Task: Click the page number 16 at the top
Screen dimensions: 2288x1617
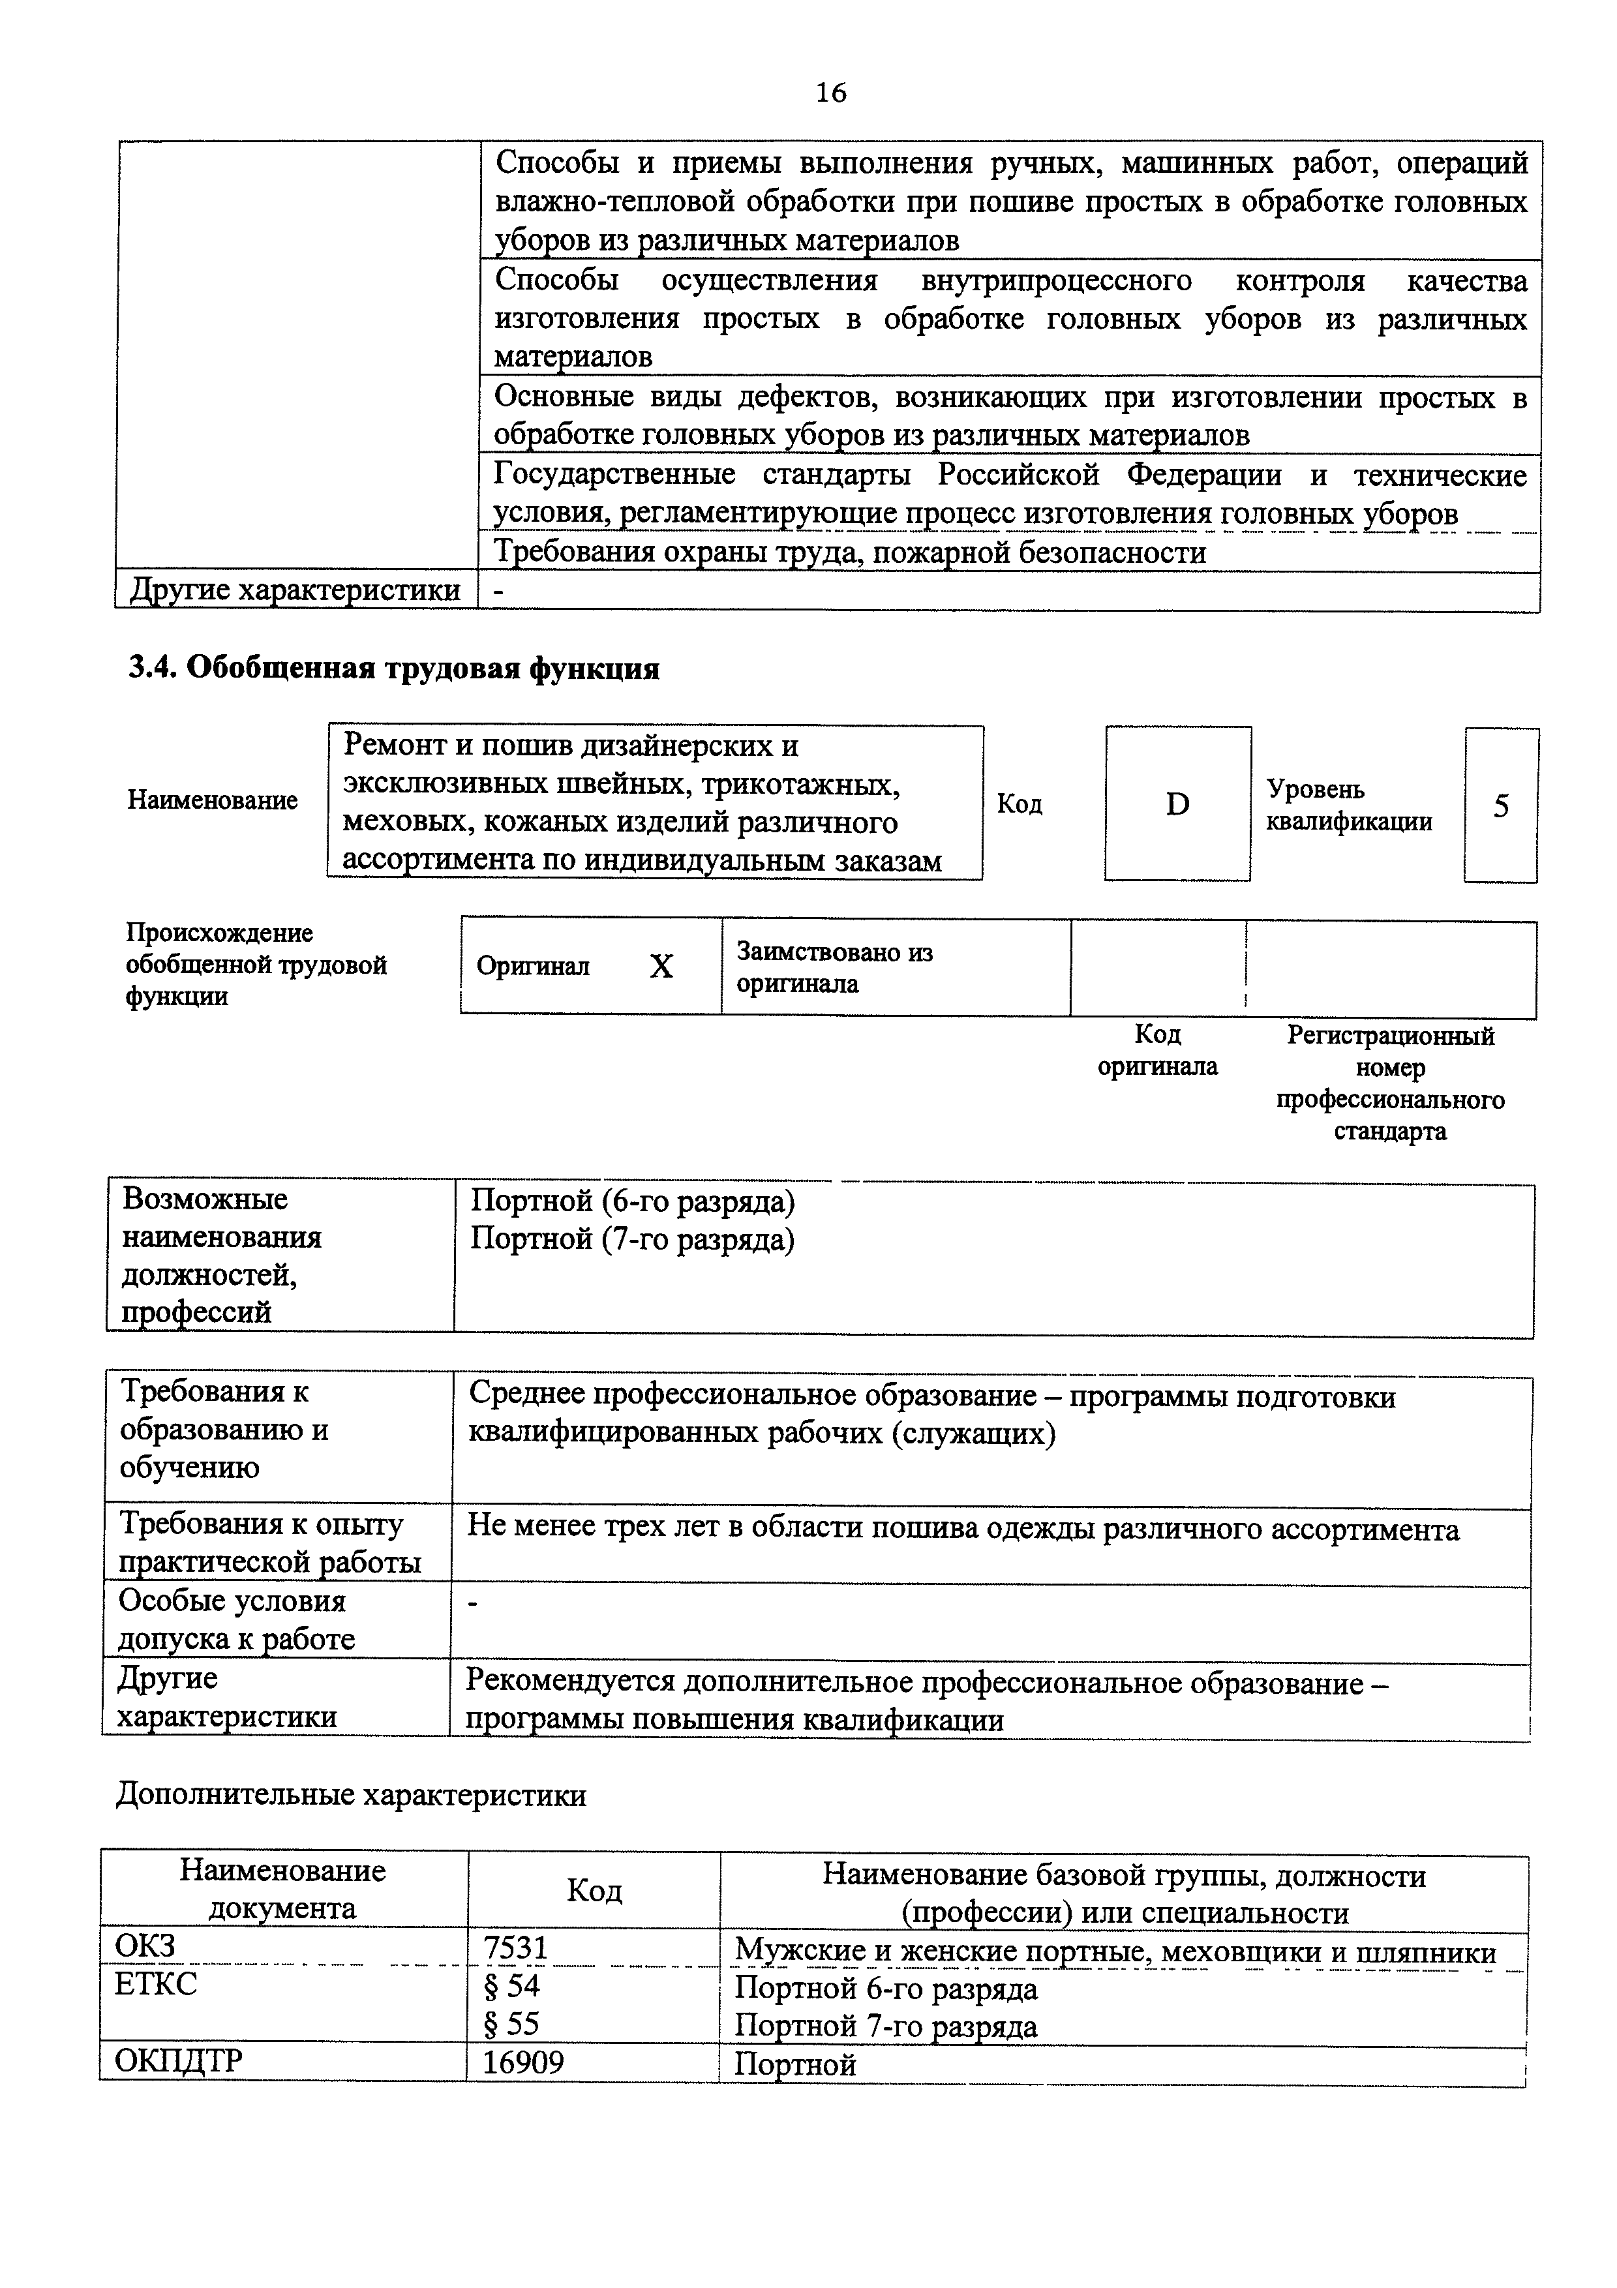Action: (830, 93)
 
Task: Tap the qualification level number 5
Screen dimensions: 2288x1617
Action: (1500, 805)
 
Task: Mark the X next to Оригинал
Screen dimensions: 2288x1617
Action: (661, 966)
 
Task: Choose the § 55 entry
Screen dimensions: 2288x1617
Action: (511, 2024)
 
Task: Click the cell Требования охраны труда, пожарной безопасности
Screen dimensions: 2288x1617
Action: (850, 552)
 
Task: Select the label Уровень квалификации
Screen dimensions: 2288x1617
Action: (1349, 805)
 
